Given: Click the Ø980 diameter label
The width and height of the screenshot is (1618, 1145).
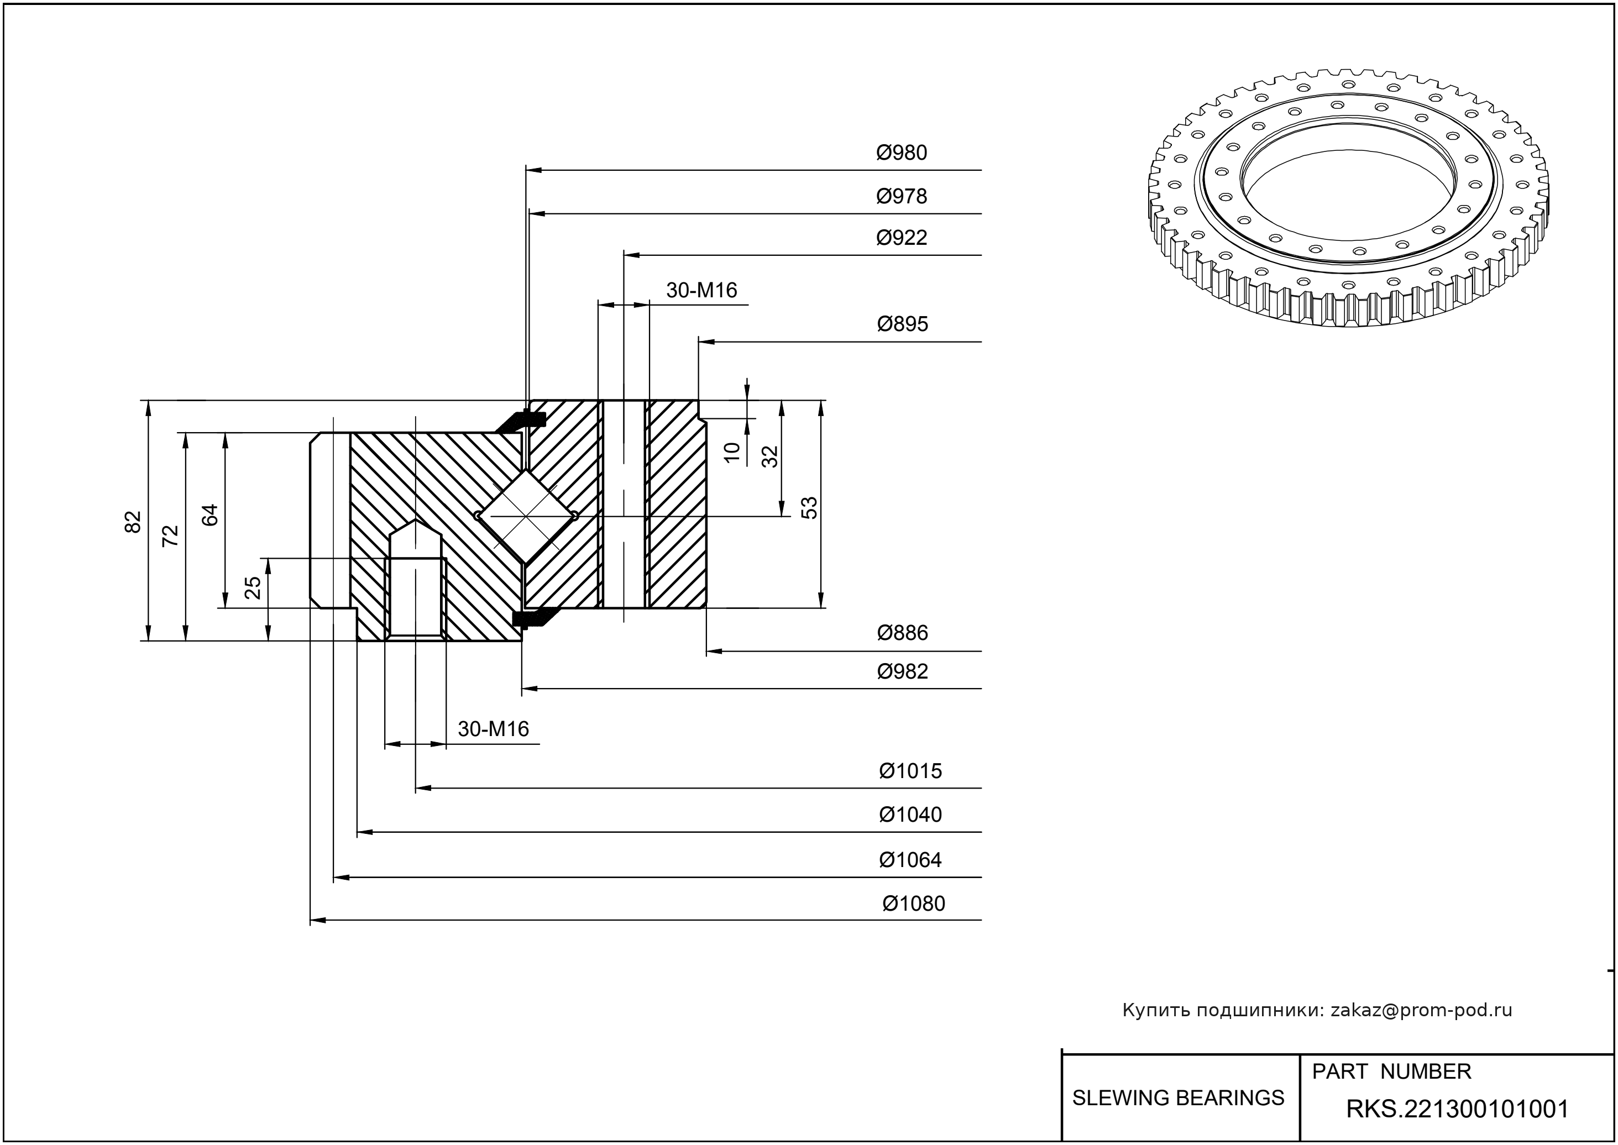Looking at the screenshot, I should point(902,153).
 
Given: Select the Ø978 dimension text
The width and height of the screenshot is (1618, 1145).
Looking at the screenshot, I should point(902,196).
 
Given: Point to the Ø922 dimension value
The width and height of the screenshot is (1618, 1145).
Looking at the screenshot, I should point(902,238).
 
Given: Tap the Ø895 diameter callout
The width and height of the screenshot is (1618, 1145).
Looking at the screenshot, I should point(902,324).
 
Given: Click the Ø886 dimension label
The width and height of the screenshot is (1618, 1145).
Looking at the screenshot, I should point(902,633).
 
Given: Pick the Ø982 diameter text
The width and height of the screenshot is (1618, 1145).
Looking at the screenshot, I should point(902,671).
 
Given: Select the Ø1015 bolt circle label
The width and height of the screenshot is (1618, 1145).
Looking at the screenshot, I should point(910,771).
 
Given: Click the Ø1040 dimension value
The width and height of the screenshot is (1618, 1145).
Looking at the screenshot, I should point(910,815).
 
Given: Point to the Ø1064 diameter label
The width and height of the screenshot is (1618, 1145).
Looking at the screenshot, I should point(910,860).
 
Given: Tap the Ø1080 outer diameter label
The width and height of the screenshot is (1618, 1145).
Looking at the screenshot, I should point(913,904).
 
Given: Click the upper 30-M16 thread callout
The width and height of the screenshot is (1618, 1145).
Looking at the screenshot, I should point(701,291).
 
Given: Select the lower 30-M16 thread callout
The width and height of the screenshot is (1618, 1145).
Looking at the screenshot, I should point(493,729).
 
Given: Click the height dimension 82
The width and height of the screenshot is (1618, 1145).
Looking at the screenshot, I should point(133,522).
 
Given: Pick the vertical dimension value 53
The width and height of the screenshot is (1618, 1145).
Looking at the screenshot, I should point(810,508).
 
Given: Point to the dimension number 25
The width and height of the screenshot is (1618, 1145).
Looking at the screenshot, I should point(253,587).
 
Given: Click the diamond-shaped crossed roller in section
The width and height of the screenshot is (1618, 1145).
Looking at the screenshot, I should point(526,516).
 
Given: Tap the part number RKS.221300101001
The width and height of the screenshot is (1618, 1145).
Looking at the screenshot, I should point(1457,1109).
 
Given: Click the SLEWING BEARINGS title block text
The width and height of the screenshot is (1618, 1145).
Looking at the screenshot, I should point(1178,1098).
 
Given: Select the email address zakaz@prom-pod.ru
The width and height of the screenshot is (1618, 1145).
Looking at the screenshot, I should point(1421,1010).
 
